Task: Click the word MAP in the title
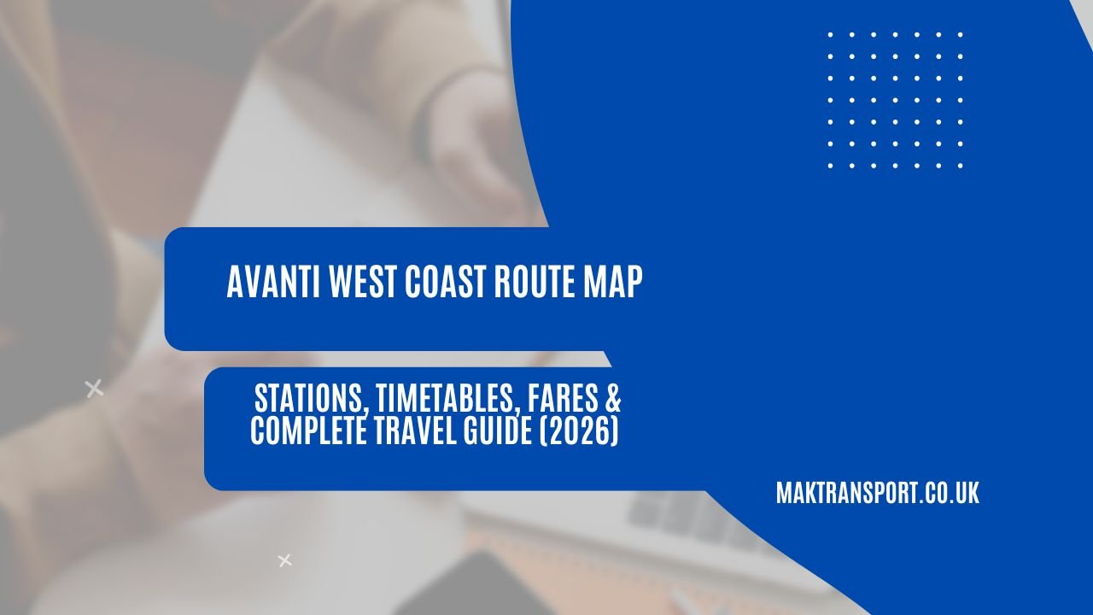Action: pos(610,283)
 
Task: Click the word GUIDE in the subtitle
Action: pos(501,432)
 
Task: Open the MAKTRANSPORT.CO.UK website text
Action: pos(877,494)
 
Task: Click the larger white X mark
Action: pos(94,389)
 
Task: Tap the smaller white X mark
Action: pos(284,560)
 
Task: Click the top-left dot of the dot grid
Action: pos(831,35)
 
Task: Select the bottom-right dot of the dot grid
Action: pos(961,166)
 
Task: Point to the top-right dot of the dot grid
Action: pos(961,35)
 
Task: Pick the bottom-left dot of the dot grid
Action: pos(831,166)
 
